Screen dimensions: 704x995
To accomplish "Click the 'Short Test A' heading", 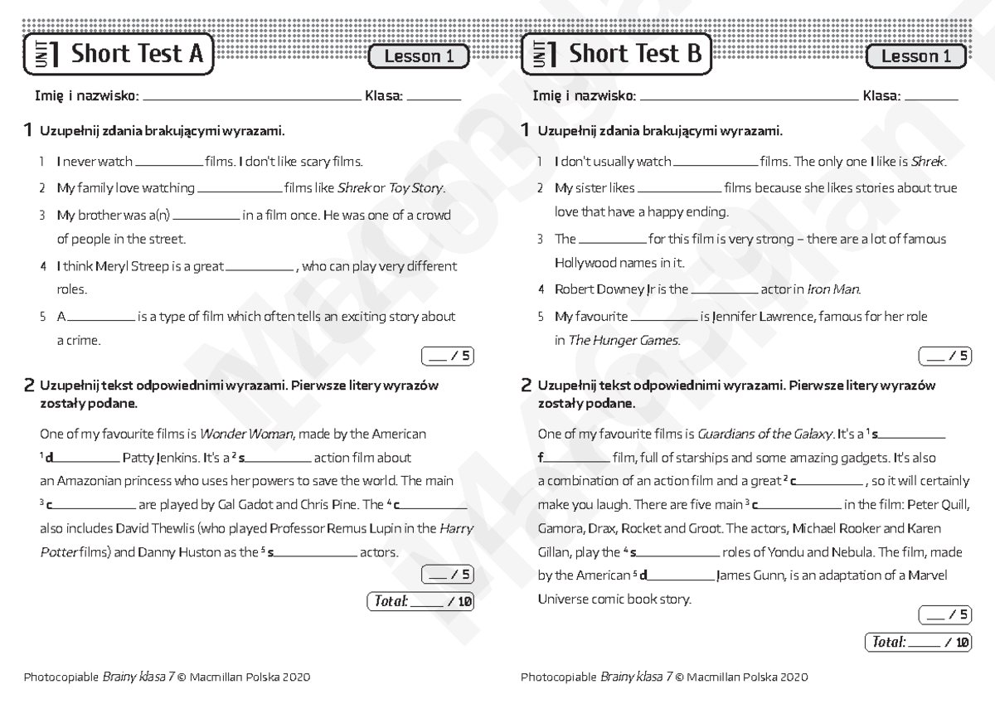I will pos(137,55).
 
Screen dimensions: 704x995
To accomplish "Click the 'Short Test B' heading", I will pos(635,55).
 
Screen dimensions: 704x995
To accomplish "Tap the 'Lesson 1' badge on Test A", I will pos(419,56).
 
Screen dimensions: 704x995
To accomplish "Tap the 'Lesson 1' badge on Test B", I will pos(915,56).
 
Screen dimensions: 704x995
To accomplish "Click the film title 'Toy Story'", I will pos(416,188).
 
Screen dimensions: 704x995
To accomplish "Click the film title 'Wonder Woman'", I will pos(247,434).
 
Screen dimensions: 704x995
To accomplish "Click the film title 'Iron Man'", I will pos(833,290).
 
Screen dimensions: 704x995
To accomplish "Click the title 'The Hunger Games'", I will pos(624,341).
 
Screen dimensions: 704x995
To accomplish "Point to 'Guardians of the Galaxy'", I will pos(765,434).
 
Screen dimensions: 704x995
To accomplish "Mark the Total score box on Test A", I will pos(420,602).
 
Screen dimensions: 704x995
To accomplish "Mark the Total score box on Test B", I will pos(917,643).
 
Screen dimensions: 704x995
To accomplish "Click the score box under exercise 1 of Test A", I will pos(448,357).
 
